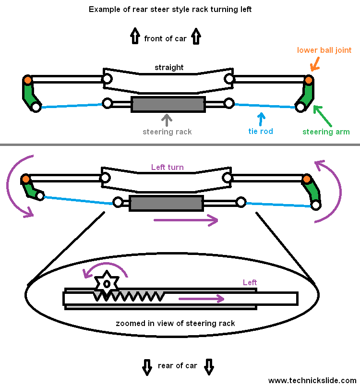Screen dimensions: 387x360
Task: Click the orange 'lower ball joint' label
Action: click(324, 50)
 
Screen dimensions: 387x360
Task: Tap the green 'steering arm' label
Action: click(326, 132)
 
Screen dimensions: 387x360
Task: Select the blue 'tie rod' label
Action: click(261, 131)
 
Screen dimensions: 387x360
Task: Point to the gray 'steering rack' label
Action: click(167, 132)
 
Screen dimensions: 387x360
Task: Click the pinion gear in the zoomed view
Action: click(106, 283)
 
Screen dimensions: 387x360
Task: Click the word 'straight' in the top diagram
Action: click(169, 68)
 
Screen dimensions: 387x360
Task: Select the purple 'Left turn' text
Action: click(168, 168)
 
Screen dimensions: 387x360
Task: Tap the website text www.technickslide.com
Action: click(312, 380)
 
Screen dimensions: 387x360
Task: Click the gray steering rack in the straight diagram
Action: click(168, 104)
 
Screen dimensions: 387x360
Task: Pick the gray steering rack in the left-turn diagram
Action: click(166, 203)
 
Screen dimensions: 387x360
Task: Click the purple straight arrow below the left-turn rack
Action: click(185, 220)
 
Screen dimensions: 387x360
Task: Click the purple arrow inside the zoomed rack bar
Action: click(202, 299)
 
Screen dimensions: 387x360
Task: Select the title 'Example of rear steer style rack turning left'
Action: click(170, 10)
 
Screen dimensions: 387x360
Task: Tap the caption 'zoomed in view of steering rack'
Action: click(175, 323)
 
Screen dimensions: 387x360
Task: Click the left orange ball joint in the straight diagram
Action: click(28, 80)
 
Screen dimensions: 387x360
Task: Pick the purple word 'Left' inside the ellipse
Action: click(250, 282)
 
